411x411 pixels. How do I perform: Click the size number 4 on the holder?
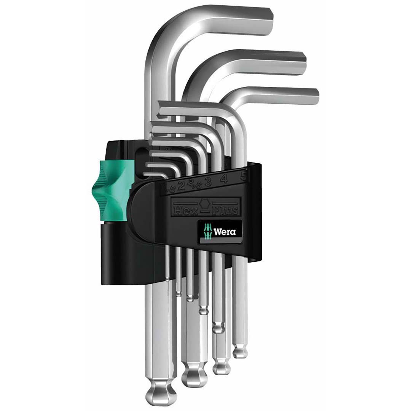[224, 178]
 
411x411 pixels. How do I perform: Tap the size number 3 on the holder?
[208, 182]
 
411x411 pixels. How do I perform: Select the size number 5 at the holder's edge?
[244, 176]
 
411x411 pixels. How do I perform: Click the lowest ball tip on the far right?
[240, 351]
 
